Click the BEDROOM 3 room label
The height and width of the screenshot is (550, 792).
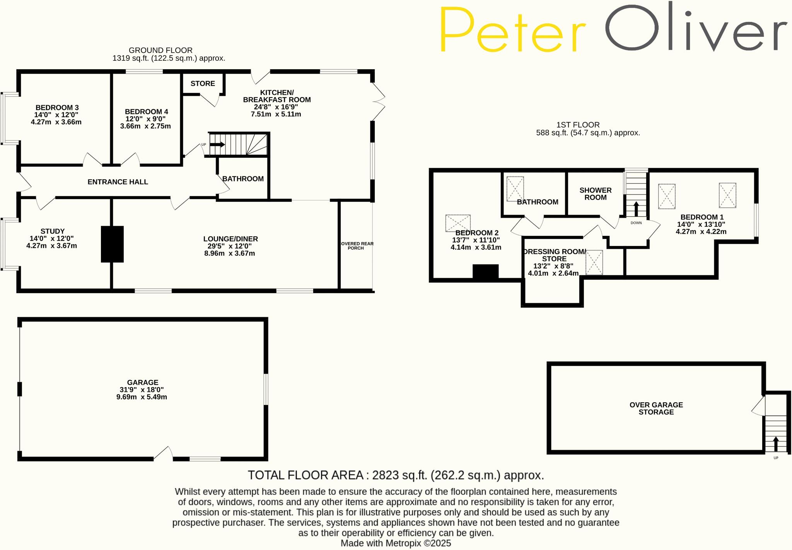[57, 108]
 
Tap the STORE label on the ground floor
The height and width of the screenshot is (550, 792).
[203, 84]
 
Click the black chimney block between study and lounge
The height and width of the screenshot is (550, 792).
[112, 244]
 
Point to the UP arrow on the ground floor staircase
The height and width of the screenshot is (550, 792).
[217, 145]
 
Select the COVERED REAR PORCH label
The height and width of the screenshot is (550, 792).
[356, 246]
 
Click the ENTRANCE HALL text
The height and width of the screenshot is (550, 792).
[118, 182]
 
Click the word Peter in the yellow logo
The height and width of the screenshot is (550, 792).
[512, 30]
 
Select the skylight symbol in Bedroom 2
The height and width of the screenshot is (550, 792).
[458, 223]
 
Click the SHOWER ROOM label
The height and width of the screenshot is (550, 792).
[595, 194]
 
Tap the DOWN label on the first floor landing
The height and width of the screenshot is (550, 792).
[636, 223]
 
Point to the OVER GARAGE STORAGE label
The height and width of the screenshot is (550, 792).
[656, 408]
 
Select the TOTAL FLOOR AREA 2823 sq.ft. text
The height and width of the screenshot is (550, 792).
[396, 475]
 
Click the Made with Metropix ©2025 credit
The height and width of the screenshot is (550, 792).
[396, 543]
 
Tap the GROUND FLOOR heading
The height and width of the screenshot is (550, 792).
[160, 50]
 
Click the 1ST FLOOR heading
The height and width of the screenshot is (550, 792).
[578, 125]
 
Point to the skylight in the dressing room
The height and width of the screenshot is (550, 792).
[594, 263]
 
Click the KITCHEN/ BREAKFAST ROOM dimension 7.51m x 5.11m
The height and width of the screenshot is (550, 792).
[276, 114]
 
